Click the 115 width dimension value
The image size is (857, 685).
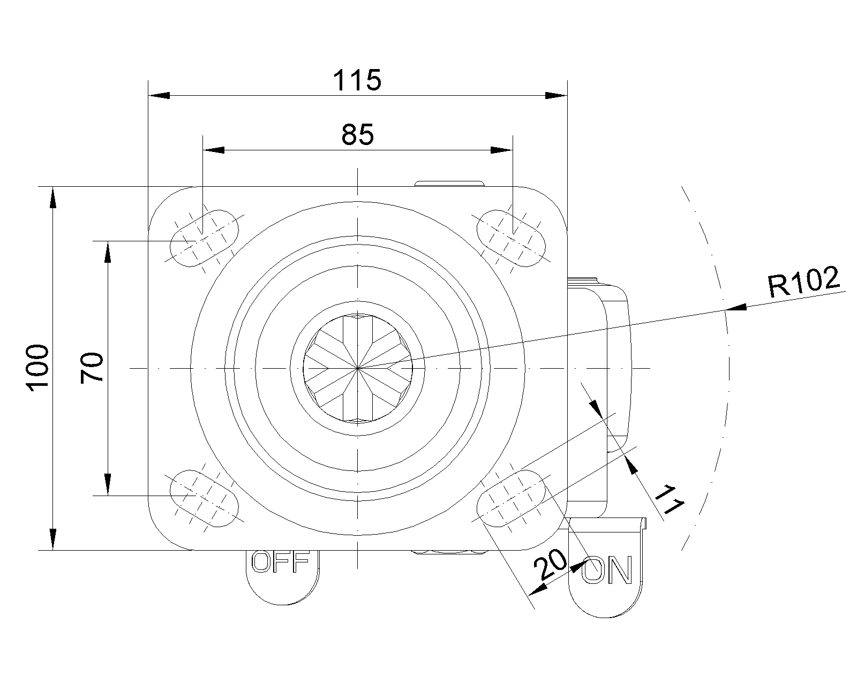[x=357, y=80]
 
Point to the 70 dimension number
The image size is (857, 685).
[x=92, y=368]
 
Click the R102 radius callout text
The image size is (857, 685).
[x=804, y=281]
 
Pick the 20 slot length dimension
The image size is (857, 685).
[x=550, y=565]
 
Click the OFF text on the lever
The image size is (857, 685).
[x=281, y=561]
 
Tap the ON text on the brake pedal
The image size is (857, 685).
[x=607, y=570]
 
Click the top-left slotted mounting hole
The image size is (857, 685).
[x=204, y=238]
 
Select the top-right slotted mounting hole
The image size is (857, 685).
[x=511, y=238]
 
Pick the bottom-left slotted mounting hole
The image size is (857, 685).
[x=204, y=498]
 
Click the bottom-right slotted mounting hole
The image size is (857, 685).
[x=511, y=498]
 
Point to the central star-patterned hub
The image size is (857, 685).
[x=358, y=369]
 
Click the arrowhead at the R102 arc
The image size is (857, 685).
[x=736, y=307]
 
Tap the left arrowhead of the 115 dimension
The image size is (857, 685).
[x=159, y=96]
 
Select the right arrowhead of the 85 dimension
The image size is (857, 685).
[x=502, y=150]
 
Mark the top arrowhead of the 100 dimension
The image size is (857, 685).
[x=52, y=197]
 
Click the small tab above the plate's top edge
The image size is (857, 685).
[x=449, y=184]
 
